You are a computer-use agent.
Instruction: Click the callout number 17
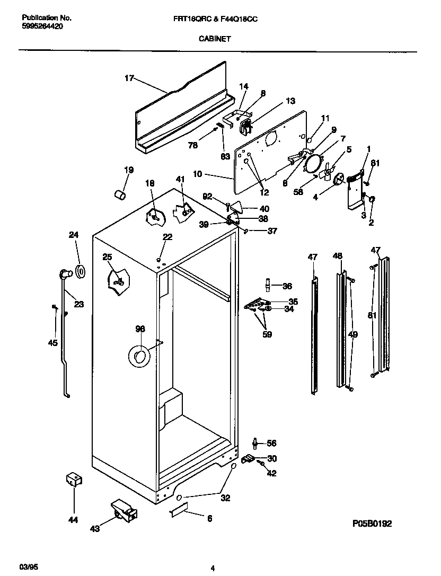(x=129, y=78)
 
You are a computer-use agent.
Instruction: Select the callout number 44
(x=73, y=520)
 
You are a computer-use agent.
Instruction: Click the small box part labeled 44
(x=73, y=480)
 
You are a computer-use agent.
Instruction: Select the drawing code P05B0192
(x=372, y=524)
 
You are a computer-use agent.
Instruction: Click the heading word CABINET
(x=215, y=39)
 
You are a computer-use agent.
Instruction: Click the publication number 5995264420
(x=42, y=25)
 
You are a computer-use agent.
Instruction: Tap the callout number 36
(x=287, y=286)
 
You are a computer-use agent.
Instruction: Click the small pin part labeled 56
(x=256, y=442)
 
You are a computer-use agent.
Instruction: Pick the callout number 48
(x=338, y=256)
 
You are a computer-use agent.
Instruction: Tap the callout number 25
(x=107, y=257)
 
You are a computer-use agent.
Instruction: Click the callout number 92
(x=208, y=196)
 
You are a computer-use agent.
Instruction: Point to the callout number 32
(x=225, y=498)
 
